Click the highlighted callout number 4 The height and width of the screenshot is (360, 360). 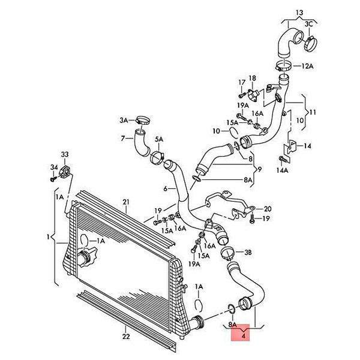click(244, 337)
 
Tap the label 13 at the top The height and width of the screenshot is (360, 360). click(299, 13)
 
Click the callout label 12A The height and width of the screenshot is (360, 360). click(307, 66)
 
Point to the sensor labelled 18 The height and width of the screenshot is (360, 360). click(253, 94)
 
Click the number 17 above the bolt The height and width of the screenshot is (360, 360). click(242, 82)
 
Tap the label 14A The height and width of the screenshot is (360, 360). click(282, 170)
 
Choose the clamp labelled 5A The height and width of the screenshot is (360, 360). click(157, 158)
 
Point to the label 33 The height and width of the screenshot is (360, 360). click(65, 154)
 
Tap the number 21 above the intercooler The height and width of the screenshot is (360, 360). click(126, 202)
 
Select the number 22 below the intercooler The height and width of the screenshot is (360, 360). click(126, 337)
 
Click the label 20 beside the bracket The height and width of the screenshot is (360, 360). click(268, 209)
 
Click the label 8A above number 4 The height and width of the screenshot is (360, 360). click(232, 325)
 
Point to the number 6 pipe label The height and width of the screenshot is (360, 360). click(166, 189)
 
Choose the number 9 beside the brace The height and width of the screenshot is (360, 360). click(259, 169)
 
